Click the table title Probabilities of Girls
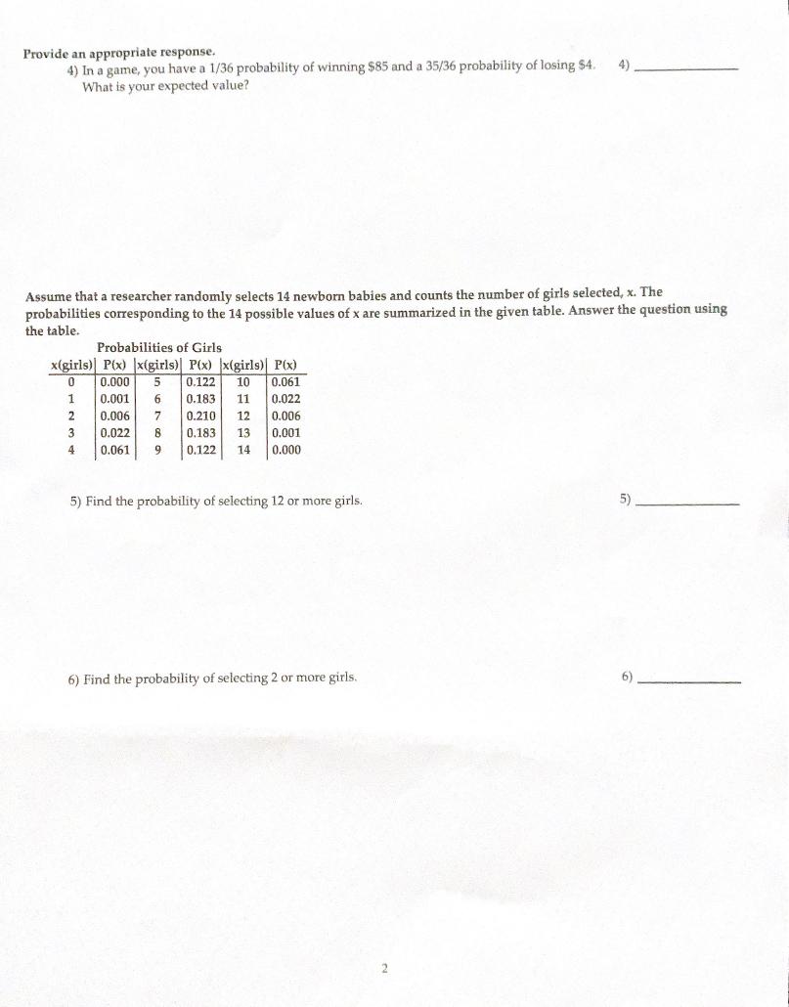coord(159,347)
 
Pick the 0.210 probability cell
coord(201,416)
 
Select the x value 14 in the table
coord(244,450)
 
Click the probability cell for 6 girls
coord(201,399)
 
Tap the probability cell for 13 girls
coord(285,433)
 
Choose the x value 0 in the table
coord(71,382)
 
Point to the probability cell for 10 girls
coord(285,382)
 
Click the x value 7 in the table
coord(156,416)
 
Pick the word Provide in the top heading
coord(48,52)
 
